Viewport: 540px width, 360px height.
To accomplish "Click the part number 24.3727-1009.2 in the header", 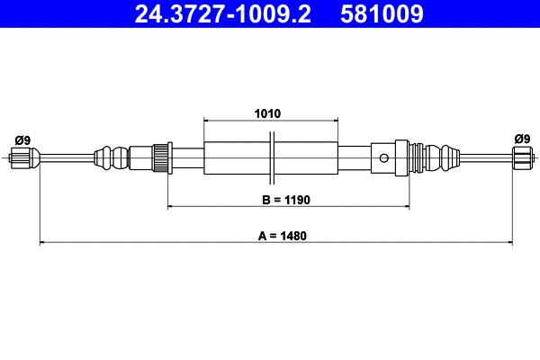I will pos(220,13).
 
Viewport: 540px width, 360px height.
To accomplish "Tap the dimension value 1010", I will pos(267,114).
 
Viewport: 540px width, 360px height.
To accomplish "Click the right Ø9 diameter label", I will pos(521,139).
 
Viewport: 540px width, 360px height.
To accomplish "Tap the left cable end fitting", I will pos(27,160).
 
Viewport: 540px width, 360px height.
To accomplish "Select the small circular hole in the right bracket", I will pos(384,159).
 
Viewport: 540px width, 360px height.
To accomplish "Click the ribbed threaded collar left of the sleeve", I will pos(163,157).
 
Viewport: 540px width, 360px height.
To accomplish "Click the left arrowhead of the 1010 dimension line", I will pos(208,120).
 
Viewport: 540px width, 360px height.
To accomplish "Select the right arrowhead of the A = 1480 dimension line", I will pos(508,242).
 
